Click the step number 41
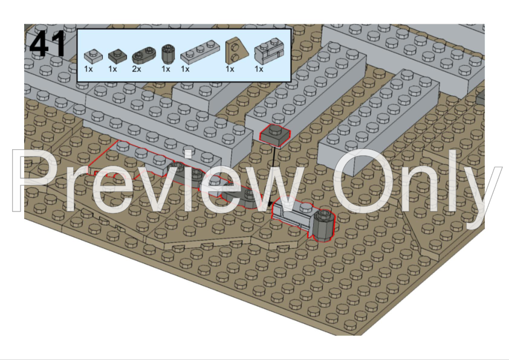pyautogui.click(x=47, y=45)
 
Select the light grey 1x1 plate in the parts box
pyautogui.click(x=93, y=56)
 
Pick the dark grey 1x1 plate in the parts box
pyautogui.click(x=117, y=56)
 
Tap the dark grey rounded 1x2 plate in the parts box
pyautogui.click(x=144, y=56)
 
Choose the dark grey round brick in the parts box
pyautogui.click(x=168, y=54)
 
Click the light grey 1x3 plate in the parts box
pyautogui.click(x=200, y=52)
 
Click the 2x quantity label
pyautogui.click(x=137, y=69)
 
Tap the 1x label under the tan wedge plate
pyautogui.click(x=230, y=69)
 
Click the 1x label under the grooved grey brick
pyautogui.click(x=259, y=69)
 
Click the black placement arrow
pyautogui.click(x=272, y=177)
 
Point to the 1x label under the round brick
pyautogui.click(x=166, y=69)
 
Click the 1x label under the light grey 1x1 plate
pyautogui.click(x=88, y=69)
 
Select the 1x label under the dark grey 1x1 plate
pyautogui.click(x=112, y=69)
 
